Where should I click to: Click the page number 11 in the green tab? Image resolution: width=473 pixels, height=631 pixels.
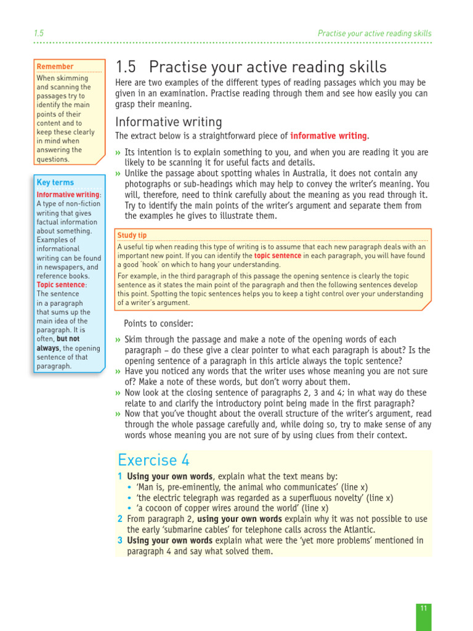click(x=423, y=608)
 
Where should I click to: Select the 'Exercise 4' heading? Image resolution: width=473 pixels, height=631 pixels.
click(x=154, y=460)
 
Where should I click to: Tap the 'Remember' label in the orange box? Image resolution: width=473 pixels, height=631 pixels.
click(x=55, y=67)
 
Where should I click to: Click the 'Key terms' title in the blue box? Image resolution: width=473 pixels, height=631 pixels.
click(x=55, y=182)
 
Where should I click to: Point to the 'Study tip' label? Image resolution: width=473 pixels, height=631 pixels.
click(x=132, y=235)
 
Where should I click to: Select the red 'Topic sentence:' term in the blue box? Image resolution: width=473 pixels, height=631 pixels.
click(x=62, y=285)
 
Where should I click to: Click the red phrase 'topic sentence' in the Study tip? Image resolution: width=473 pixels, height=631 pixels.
click(x=278, y=255)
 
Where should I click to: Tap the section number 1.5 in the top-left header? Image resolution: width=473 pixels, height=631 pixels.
click(x=38, y=33)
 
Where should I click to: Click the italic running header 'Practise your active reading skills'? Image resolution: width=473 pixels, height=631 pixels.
click(x=374, y=33)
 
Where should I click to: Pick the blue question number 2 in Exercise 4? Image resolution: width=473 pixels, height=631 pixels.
click(x=120, y=519)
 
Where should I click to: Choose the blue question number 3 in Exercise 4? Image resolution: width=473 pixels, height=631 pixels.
click(x=120, y=540)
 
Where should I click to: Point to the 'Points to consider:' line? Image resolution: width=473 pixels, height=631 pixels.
click(x=158, y=324)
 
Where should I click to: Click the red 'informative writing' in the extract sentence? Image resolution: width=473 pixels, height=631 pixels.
click(x=328, y=136)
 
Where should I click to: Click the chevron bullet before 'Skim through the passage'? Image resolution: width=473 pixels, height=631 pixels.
click(x=118, y=340)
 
